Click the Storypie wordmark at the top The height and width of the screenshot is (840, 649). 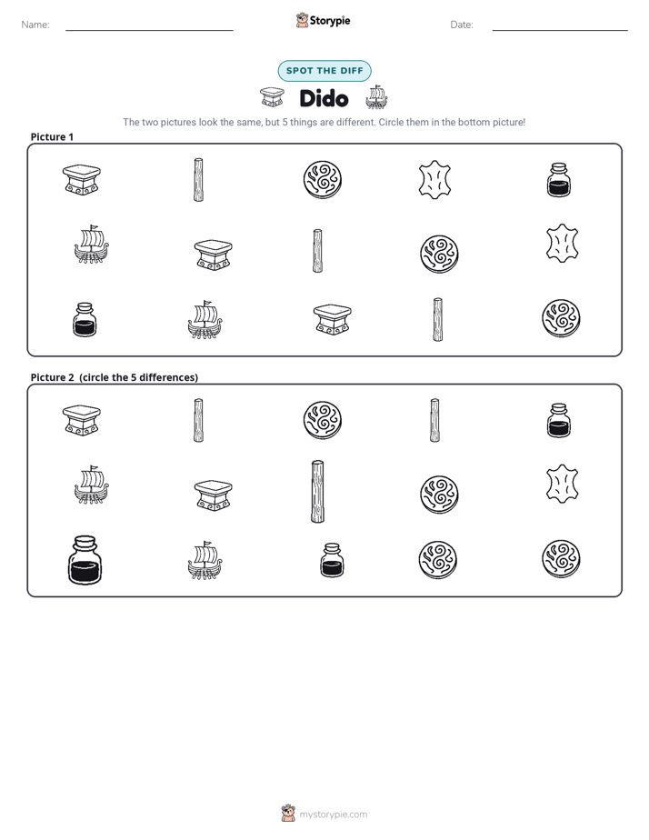[330, 21]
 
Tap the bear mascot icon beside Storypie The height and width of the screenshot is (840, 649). [302, 20]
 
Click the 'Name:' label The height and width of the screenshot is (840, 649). [35, 25]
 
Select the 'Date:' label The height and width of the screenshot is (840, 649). [462, 25]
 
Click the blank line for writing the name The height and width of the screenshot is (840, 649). [149, 30]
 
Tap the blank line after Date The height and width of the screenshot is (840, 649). [560, 30]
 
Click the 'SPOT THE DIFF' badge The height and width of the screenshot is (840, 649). [324, 71]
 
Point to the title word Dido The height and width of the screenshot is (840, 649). [324, 98]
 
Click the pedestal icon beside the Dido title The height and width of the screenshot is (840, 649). [272, 97]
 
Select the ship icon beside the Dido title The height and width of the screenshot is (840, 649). [376, 97]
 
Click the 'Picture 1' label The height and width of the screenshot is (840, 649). [52, 136]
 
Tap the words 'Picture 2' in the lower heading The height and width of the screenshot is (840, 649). [52, 377]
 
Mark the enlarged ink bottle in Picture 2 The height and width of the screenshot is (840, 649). [85, 560]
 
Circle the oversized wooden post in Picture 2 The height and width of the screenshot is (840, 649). [317, 491]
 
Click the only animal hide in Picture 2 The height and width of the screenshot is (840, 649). [562, 484]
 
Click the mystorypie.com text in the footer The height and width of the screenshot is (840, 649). [333, 815]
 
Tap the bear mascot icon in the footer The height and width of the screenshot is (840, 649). [288, 814]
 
